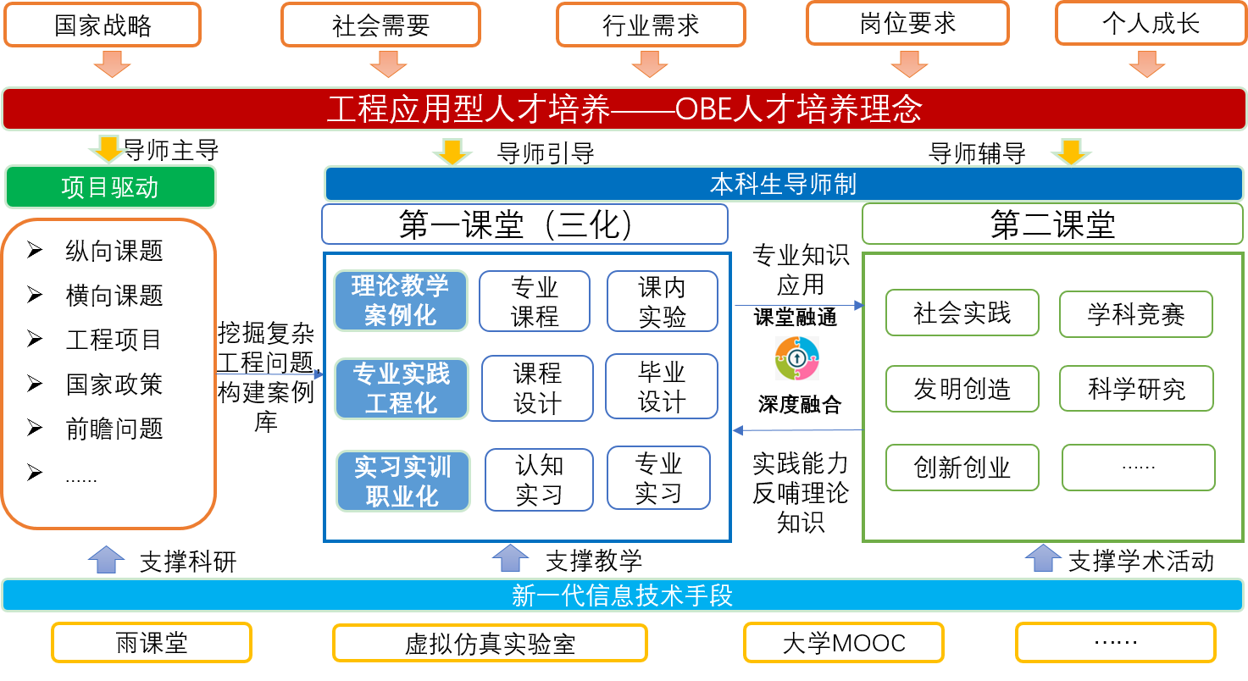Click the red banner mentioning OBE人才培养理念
(x=624, y=109)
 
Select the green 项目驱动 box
(x=110, y=187)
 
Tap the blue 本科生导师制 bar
(x=783, y=184)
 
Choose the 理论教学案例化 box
(x=401, y=301)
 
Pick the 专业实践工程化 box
(x=402, y=389)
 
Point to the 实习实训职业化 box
(x=403, y=481)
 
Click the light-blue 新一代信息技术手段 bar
(x=623, y=595)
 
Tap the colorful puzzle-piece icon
(x=797, y=358)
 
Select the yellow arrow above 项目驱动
(x=108, y=148)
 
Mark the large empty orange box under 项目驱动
(x=108, y=374)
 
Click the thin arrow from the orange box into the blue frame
(x=270, y=374)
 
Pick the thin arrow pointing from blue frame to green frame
(x=799, y=305)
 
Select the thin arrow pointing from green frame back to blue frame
(x=797, y=430)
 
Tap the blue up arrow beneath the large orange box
(x=106, y=559)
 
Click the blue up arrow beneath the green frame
(x=1043, y=557)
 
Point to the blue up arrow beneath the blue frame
(x=510, y=557)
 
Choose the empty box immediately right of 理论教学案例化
(x=535, y=301)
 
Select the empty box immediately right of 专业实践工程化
(x=537, y=388)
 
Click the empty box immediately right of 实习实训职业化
(x=539, y=479)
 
